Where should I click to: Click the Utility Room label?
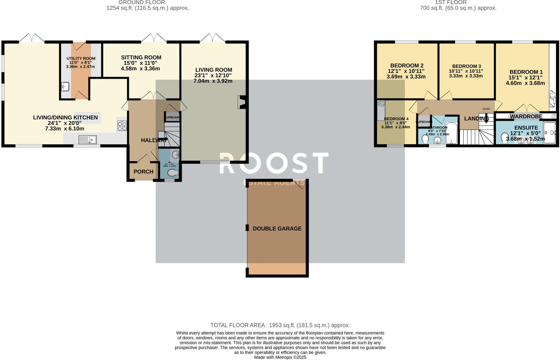[x=81, y=58]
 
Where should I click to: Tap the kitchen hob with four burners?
[x=122, y=126]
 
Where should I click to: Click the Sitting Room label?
[x=141, y=57]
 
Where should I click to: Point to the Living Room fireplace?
[x=242, y=102]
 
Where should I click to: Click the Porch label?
[x=143, y=172]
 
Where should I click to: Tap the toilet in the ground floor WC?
[x=173, y=173]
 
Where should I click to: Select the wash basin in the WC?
[x=175, y=155]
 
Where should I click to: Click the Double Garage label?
[x=277, y=229]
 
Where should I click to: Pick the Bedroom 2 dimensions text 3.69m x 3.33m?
[x=406, y=77]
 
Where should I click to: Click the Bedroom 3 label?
[x=466, y=66]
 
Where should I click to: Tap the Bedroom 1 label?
[x=526, y=72]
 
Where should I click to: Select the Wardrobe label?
[x=526, y=117]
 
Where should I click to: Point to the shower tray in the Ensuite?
[x=549, y=133]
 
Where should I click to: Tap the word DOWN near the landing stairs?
[x=486, y=109]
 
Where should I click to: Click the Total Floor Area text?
[x=280, y=325]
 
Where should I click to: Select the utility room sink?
[x=65, y=87]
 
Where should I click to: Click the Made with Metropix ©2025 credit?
[x=280, y=357]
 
